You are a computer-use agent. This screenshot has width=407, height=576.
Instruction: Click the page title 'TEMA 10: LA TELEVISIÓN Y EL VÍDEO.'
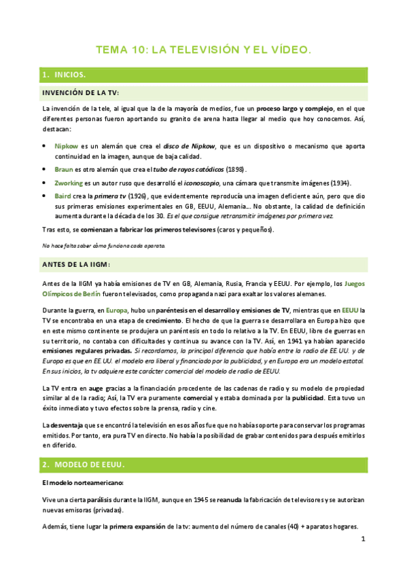[x=204, y=50]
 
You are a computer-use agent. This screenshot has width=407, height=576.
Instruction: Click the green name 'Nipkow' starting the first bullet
[x=67, y=146]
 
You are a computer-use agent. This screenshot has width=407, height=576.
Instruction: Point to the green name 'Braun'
[x=64, y=169]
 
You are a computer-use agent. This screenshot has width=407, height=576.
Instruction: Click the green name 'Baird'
[x=63, y=197]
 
